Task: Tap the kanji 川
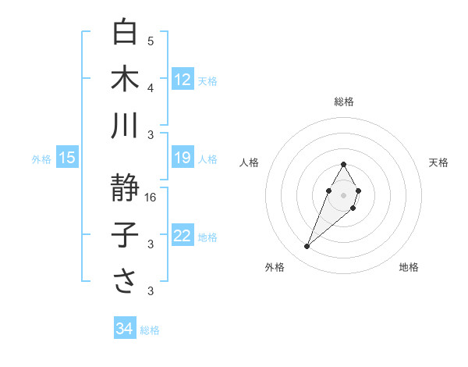125,125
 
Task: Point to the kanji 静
125,187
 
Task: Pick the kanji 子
125,235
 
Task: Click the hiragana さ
125,281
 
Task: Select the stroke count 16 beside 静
151,198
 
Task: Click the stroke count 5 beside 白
151,41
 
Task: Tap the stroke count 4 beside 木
151,88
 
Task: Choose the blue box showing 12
183,80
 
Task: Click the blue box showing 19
183,159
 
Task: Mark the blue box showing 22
183,237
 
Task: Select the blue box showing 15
66,159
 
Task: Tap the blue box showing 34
124,330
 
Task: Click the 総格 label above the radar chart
343,102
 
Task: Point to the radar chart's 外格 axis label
275,267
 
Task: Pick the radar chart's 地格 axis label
409,267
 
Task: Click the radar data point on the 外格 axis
307,247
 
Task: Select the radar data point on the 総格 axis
343,164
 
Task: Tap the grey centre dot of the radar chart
343,194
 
